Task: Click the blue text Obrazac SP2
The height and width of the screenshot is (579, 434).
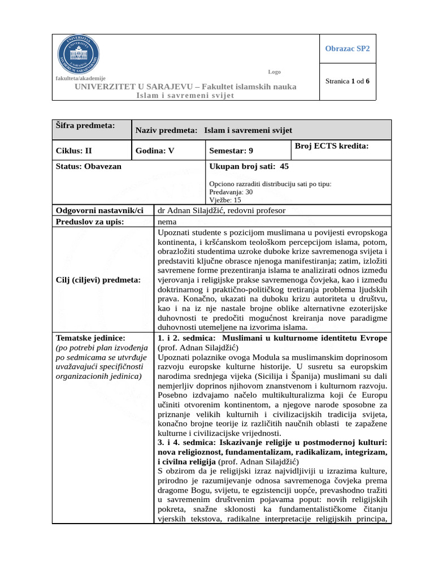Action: click(347, 49)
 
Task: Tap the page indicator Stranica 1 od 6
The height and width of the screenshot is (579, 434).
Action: click(347, 81)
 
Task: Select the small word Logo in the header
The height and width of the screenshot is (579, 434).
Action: click(274, 72)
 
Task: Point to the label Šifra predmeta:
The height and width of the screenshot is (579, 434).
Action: click(84, 125)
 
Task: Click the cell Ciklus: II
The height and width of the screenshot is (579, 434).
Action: click(74, 151)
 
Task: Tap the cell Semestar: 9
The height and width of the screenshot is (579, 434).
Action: click(231, 151)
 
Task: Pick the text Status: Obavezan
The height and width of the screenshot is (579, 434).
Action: click(89, 166)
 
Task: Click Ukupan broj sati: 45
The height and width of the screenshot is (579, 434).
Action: click(253, 166)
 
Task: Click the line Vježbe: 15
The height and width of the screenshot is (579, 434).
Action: click(225, 200)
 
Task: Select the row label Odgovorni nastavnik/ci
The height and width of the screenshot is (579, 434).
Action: click(100, 210)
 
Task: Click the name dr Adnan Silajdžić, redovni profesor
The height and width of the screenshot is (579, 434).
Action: click(222, 210)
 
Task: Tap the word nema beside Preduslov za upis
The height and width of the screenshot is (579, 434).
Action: click(167, 221)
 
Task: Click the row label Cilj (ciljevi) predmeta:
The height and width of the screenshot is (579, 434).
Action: click(98, 279)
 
